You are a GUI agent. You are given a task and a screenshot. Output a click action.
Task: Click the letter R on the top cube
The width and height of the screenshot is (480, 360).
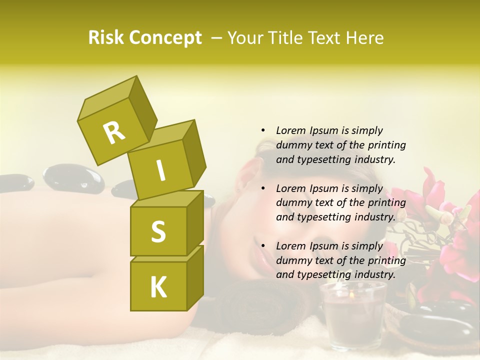click(114, 132)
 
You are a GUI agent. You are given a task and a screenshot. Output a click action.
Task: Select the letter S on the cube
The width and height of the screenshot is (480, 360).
click(158, 231)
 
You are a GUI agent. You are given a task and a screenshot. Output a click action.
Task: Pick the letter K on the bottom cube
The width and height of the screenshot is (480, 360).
click(158, 287)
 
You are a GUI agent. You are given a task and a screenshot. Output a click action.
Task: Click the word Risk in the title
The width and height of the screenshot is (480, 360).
click(106, 38)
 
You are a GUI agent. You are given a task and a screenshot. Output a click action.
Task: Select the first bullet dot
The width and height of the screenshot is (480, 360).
click(263, 130)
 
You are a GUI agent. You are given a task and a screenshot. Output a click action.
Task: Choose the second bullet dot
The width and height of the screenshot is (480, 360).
click(263, 188)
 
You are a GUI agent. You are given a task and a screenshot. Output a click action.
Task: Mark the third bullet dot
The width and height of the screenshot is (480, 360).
click(263, 246)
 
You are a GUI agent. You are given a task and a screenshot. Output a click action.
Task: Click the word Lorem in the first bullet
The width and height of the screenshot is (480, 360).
click(290, 130)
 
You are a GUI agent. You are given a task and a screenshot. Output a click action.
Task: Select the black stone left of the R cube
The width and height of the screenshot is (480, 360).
click(73, 179)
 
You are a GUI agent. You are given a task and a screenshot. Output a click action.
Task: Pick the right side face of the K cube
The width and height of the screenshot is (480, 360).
click(195, 277)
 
